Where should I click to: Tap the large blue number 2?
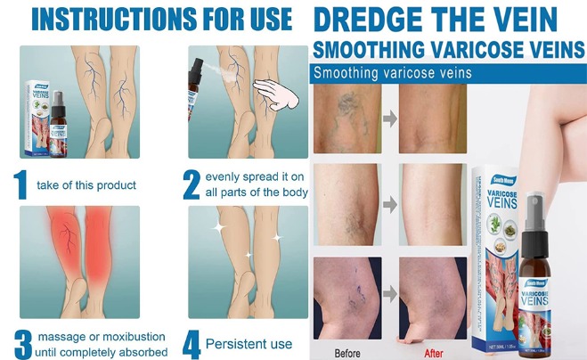coord(191,184)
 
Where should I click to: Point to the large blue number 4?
coord(191,342)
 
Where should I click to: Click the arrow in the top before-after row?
coord(388,117)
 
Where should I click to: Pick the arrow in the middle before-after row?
coord(388,206)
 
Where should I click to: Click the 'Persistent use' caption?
coord(249,343)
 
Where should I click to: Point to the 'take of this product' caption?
coord(86,185)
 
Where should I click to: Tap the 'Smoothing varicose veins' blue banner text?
coord(393,72)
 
